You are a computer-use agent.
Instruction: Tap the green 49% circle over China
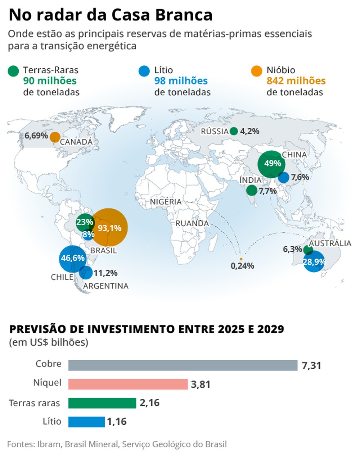click(x=272, y=164)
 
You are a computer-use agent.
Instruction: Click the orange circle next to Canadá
click(x=55, y=137)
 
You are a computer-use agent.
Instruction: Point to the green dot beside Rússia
click(x=234, y=131)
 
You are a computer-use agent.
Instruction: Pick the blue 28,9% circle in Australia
click(x=314, y=261)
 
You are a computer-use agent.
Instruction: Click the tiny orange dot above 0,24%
click(x=241, y=259)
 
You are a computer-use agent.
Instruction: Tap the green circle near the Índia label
click(x=251, y=190)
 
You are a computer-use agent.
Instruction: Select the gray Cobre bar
click(x=183, y=365)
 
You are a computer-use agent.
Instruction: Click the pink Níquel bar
click(x=128, y=384)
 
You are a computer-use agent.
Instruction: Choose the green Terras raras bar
click(x=102, y=403)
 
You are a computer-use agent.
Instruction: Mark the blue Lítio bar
click(x=86, y=422)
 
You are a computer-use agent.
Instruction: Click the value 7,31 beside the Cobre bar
click(x=311, y=366)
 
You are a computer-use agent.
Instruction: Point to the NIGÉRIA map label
click(x=166, y=202)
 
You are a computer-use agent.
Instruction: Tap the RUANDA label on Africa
click(x=192, y=223)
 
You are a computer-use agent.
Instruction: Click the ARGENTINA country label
click(x=105, y=286)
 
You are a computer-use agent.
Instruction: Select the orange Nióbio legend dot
click(x=257, y=71)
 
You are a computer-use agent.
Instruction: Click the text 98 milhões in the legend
click(x=181, y=81)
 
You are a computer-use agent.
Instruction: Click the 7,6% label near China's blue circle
click(x=300, y=177)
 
